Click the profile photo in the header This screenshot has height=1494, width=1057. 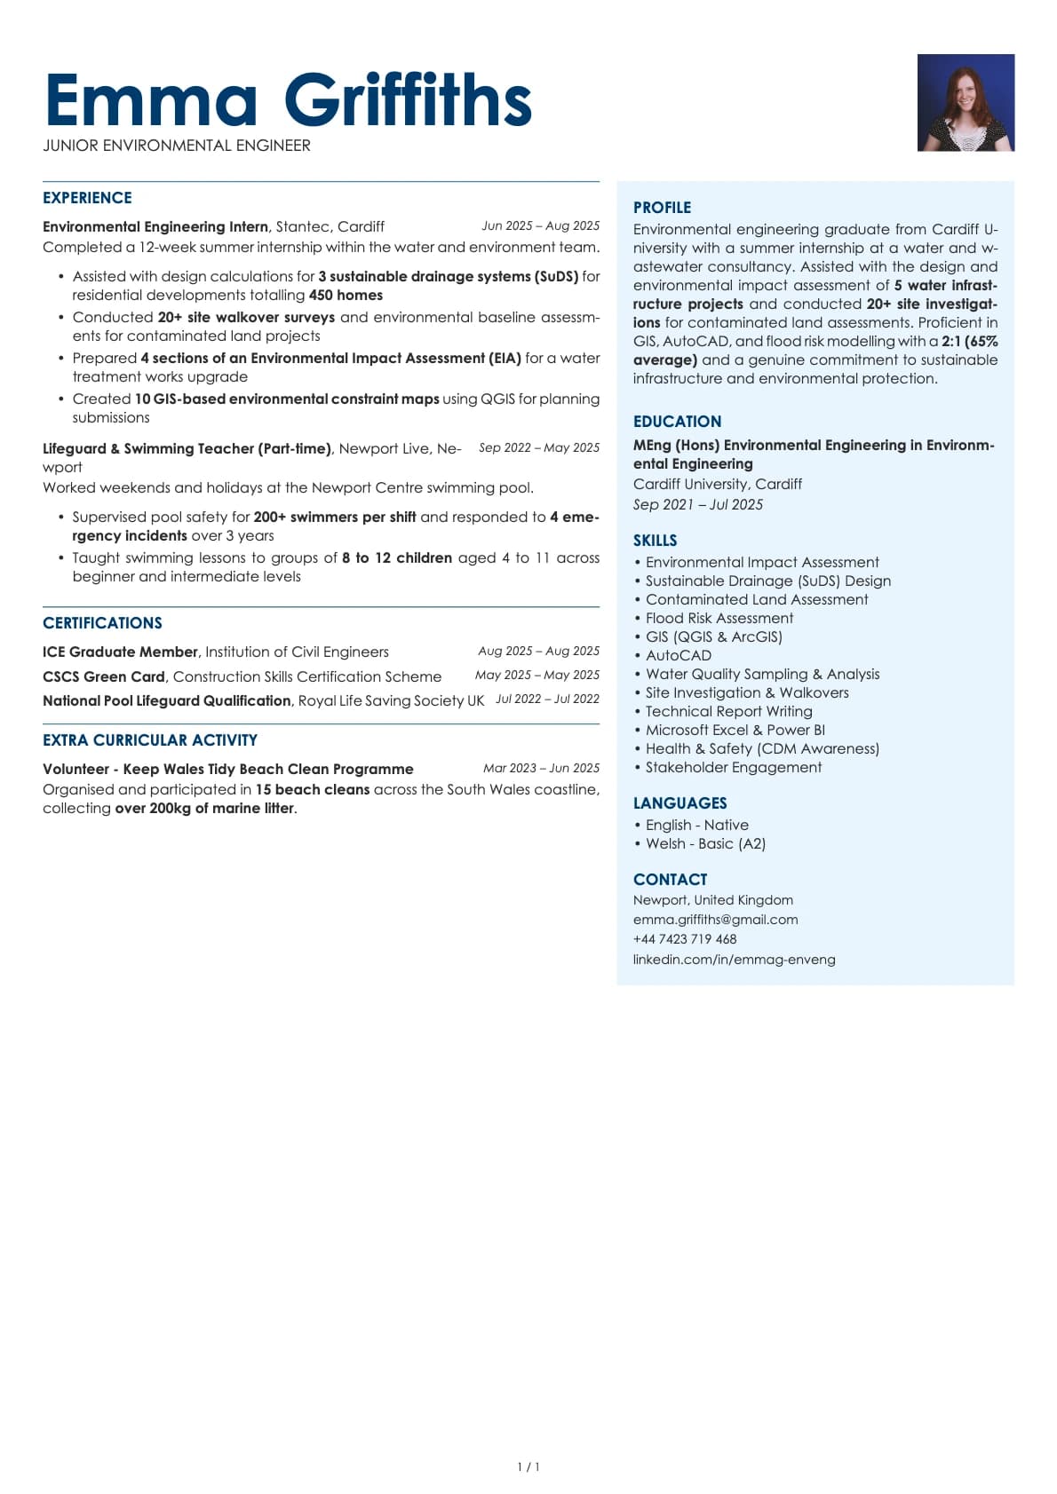click(x=966, y=102)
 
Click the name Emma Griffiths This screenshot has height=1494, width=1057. click(x=288, y=100)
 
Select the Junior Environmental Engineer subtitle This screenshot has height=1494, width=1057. click(x=177, y=146)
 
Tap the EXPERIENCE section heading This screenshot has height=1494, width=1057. click(x=87, y=198)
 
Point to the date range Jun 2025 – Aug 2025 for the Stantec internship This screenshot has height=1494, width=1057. click(x=540, y=225)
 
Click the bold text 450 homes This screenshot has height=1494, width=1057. click(x=346, y=296)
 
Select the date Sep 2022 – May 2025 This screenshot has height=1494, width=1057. click(x=538, y=447)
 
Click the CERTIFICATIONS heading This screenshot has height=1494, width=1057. click(x=102, y=623)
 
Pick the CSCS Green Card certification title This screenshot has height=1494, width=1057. click(x=104, y=676)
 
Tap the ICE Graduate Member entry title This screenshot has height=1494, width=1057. click(x=120, y=652)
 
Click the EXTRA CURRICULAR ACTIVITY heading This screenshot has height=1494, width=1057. click(x=150, y=740)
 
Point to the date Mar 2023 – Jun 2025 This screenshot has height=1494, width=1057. click(x=541, y=768)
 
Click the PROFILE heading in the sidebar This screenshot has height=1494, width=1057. click(x=662, y=208)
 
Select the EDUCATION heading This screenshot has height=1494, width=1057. click(x=677, y=422)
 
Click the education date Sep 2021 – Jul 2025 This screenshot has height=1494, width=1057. click(x=698, y=504)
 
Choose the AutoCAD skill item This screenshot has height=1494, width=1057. click(x=679, y=655)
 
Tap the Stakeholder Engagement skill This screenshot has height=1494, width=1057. click(x=734, y=767)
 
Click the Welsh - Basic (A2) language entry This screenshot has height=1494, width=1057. click(x=705, y=843)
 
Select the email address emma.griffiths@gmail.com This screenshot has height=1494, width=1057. click(x=715, y=920)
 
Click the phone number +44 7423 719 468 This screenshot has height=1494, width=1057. click(x=685, y=939)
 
